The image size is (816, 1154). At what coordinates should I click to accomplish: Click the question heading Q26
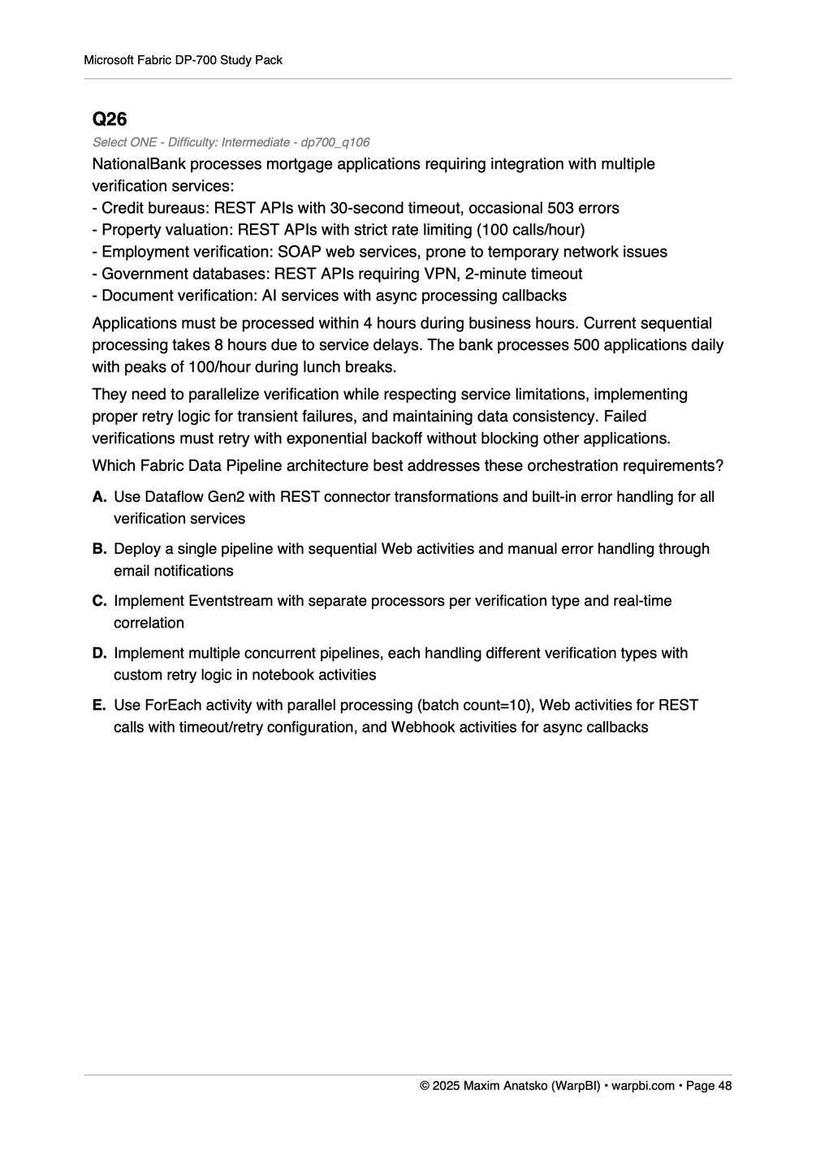tap(110, 119)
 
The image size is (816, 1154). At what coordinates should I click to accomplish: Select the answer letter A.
tap(99, 497)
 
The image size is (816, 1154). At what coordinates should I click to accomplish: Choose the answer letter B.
tap(99, 549)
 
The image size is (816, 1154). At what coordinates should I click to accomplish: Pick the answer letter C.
tap(99, 601)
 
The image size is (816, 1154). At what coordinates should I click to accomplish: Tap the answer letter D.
tap(99, 653)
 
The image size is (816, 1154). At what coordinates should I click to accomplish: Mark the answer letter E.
tap(99, 705)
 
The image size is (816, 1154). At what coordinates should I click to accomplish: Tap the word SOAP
tap(300, 252)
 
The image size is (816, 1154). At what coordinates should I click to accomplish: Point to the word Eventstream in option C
tap(228, 601)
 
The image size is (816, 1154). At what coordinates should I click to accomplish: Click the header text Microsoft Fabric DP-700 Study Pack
tap(183, 60)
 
